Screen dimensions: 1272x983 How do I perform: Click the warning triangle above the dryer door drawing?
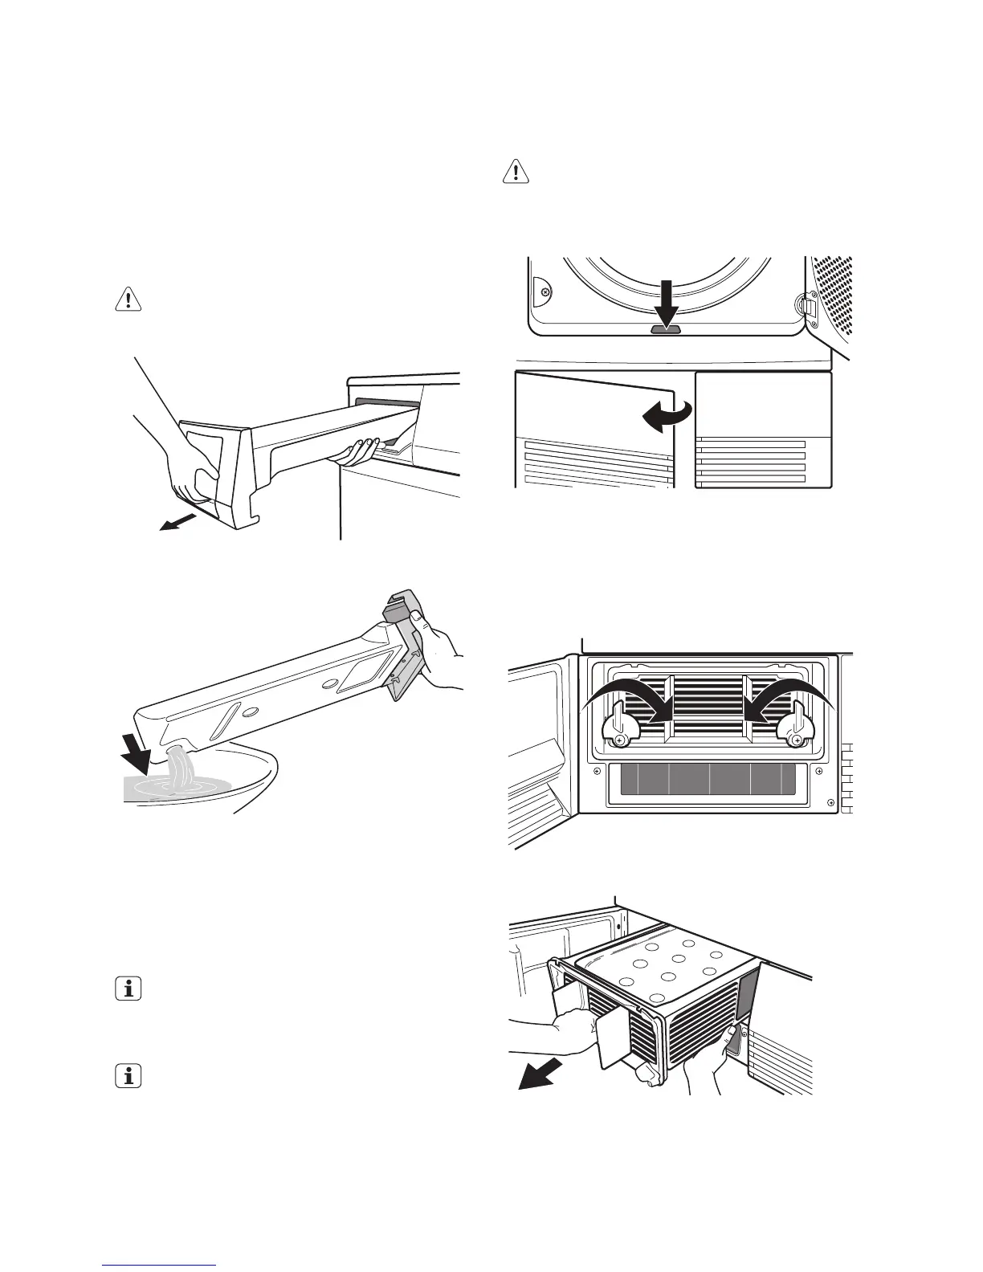(516, 172)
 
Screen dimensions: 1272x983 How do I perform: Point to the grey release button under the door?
(666, 328)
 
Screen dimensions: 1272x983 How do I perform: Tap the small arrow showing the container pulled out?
(177, 523)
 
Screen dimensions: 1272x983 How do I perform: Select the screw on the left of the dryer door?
(545, 292)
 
